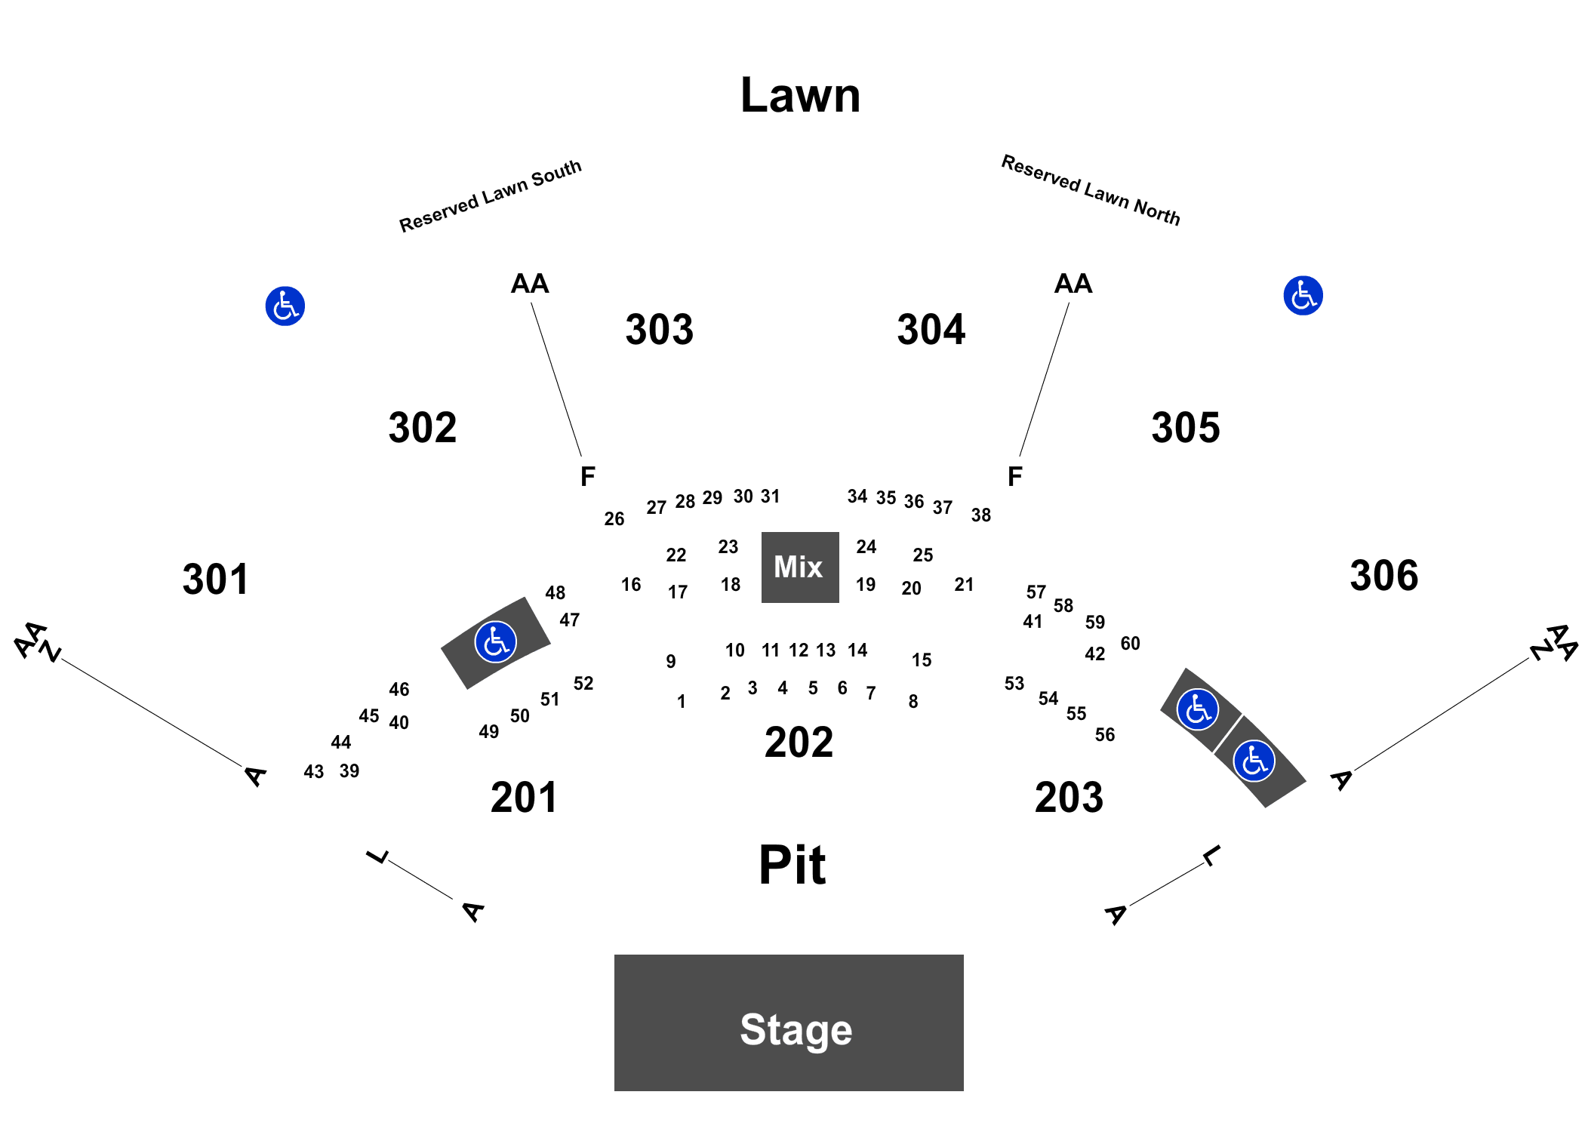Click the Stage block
point(789,1023)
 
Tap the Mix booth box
point(800,567)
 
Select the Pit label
point(792,865)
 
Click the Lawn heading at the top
point(801,96)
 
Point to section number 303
point(660,330)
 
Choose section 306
point(1384,576)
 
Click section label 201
point(524,798)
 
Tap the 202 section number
point(799,743)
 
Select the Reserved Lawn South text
point(491,196)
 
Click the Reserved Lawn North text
point(1091,190)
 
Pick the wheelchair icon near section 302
point(285,306)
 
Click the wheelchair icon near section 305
point(1303,296)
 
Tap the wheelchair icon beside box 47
point(496,642)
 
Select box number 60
point(1131,644)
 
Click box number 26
point(614,519)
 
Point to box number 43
point(314,772)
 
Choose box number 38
point(981,515)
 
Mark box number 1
point(682,702)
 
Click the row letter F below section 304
point(1015,477)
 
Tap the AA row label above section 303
point(530,284)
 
